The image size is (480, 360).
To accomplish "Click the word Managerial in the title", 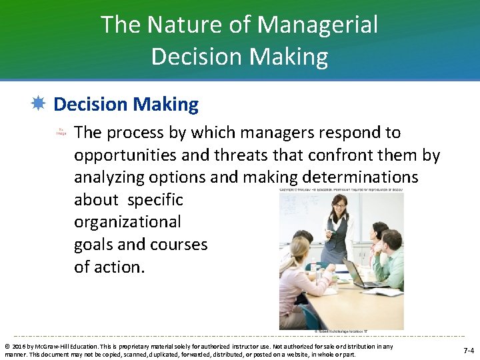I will (x=317, y=25).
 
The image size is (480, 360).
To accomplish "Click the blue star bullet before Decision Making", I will (x=38, y=104).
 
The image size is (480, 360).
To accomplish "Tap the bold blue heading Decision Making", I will (x=126, y=105).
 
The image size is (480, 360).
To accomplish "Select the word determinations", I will (x=361, y=177).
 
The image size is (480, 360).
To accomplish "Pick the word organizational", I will (x=127, y=222).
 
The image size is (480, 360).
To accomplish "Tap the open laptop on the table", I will (x=359, y=273).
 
